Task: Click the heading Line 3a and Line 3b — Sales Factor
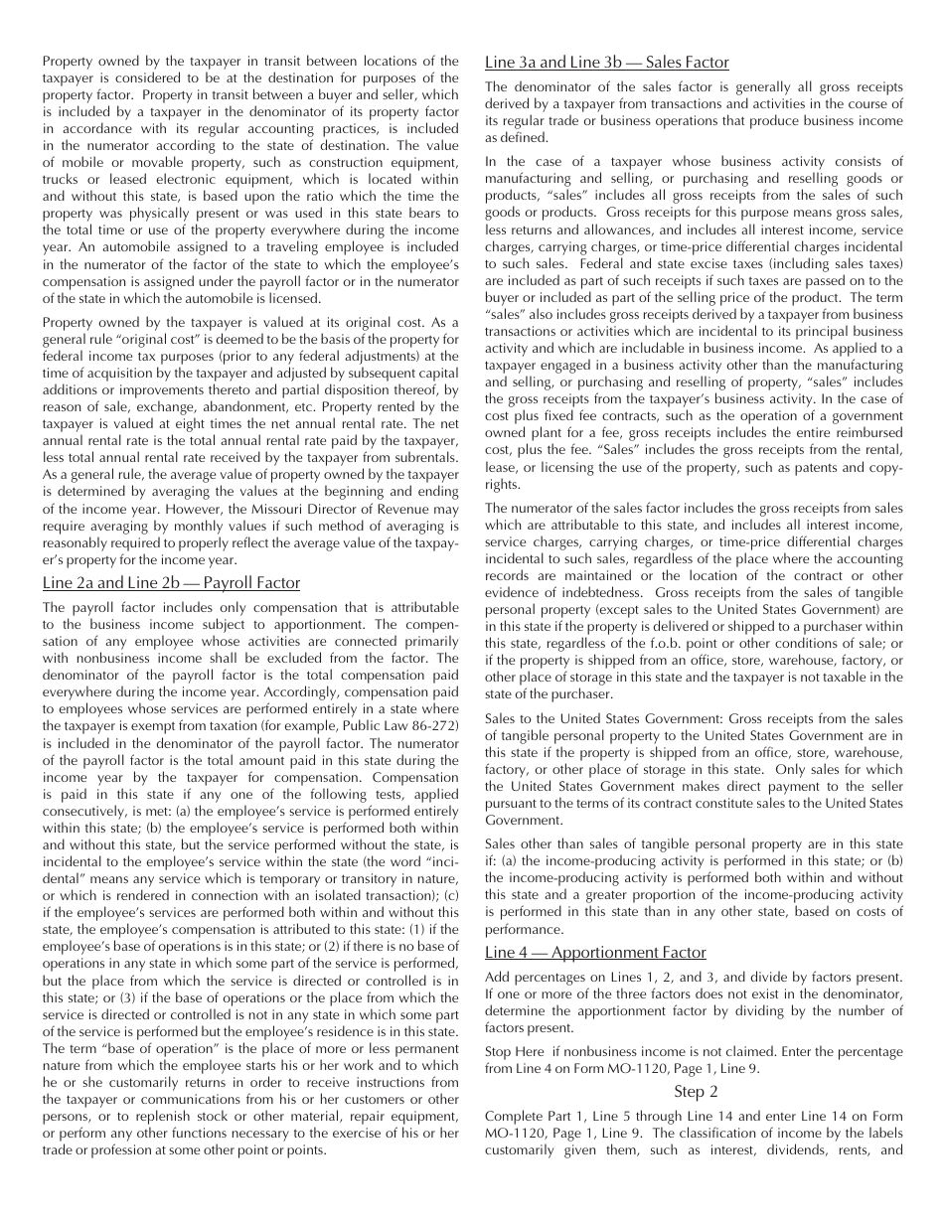(606, 63)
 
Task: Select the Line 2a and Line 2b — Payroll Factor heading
(171, 582)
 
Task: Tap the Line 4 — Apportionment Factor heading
(595, 952)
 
